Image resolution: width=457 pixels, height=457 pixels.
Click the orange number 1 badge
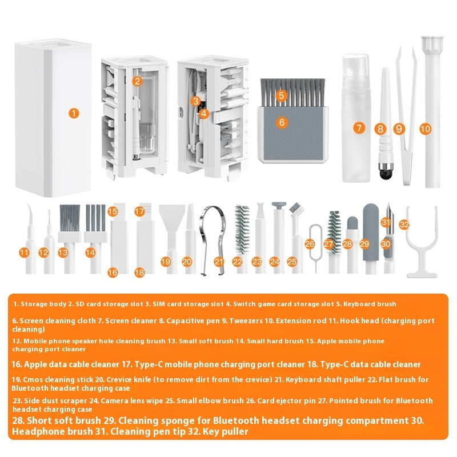click(x=73, y=113)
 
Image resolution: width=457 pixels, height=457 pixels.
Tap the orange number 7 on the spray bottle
click(x=359, y=128)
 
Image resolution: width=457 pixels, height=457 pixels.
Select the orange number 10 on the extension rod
click(x=425, y=129)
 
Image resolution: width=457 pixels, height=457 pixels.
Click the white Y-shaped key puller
click(x=422, y=251)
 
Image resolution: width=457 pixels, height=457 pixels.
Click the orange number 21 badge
click(x=219, y=261)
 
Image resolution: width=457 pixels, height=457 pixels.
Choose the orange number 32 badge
click(x=404, y=225)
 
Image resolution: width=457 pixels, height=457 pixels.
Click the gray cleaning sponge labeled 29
click(x=368, y=226)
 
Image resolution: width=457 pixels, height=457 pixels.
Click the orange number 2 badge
click(x=137, y=81)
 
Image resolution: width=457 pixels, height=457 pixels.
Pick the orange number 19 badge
click(x=166, y=261)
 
